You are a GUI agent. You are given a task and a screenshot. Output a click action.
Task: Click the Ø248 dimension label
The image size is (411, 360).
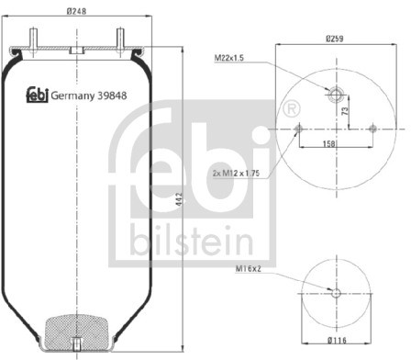[x=76, y=11]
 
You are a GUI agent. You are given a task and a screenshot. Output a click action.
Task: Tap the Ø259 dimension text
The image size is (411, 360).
[x=335, y=39]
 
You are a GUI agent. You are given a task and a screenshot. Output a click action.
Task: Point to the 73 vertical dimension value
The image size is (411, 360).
[x=345, y=111]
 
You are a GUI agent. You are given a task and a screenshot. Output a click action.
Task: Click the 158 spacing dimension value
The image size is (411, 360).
[x=329, y=143]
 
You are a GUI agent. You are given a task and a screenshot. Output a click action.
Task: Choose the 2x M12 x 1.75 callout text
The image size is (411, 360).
[x=236, y=174]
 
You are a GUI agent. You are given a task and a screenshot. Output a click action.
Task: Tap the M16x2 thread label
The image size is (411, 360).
[x=249, y=269]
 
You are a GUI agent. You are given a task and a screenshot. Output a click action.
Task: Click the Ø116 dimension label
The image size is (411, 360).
[x=337, y=340]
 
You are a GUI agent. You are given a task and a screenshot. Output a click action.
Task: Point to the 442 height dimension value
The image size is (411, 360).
[x=179, y=198]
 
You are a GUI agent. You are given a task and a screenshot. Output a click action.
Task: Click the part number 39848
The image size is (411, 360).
[x=112, y=96]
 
